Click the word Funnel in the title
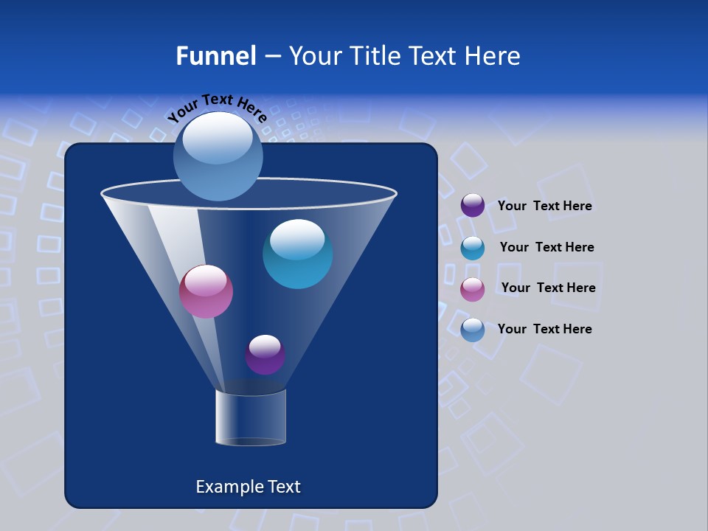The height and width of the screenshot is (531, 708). [215, 55]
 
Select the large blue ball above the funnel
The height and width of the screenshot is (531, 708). [218, 156]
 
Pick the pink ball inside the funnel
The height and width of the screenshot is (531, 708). [206, 291]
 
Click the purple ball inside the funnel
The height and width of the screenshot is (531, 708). [265, 355]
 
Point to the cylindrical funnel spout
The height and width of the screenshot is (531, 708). [251, 418]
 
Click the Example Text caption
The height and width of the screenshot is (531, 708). [249, 487]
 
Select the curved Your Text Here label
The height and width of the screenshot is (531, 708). [217, 107]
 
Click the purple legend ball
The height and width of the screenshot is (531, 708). [473, 205]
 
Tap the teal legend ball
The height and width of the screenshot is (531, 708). [473, 248]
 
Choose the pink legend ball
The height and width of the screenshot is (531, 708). [473, 289]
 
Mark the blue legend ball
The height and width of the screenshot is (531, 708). [473, 330]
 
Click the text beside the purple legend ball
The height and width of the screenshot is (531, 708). [544, 206]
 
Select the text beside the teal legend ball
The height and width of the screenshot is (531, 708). [546, 248]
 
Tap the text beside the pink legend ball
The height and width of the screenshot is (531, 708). [548, 288]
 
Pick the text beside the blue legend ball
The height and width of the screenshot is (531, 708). [544, 329]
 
